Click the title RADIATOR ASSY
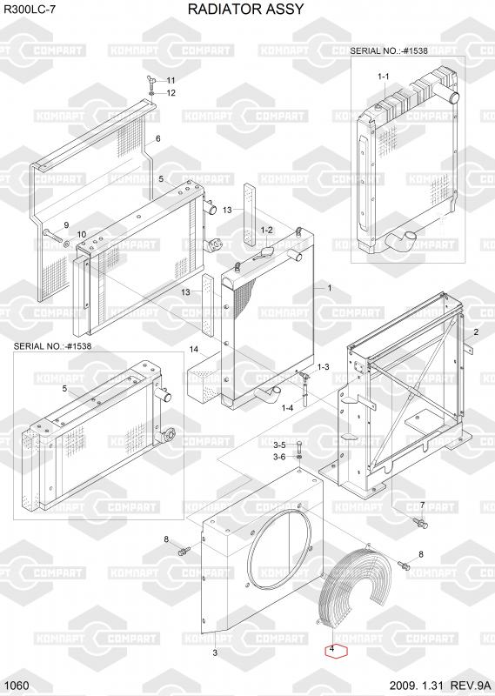tap(245, 9)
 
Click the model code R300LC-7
tap(30, 10)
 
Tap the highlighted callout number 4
tap(338, 651)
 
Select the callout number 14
tap(193, 350)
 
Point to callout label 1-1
tap(383, 77)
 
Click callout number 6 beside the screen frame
tap(158, 139)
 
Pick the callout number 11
tap(171, 80)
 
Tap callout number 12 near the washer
tap(171, 93)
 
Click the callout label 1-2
tap(266, 230)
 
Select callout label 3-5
tap(279, 445)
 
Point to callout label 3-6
tap(279, 457)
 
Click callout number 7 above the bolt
tap(422, 505)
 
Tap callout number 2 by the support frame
tap(476, 332)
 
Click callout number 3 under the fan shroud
tap(215, 652)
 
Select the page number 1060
tap(18, 686)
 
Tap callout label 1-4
tap(287, 407)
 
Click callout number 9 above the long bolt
tap(66, 225)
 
